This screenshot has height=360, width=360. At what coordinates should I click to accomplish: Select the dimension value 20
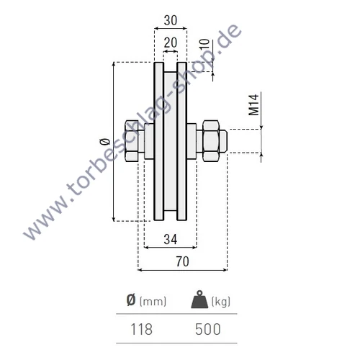[170, 43]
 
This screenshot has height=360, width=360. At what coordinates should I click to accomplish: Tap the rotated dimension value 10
[205, 45]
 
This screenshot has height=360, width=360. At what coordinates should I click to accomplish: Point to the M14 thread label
[254, 104]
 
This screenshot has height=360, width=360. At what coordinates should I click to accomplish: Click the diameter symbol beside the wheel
[104, 142]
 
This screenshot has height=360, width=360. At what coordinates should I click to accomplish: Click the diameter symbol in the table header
[130, 301]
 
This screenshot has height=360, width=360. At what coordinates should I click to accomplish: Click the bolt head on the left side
[134, 140]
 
